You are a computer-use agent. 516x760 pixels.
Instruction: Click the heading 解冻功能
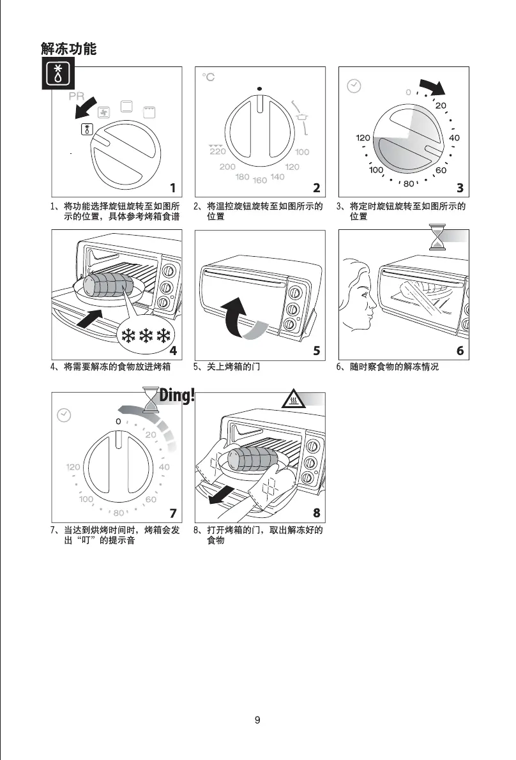tap(68, 49)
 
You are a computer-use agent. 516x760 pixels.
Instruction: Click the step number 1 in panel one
tap(172, 187)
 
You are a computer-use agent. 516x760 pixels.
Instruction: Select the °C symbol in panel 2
tap(208, 77)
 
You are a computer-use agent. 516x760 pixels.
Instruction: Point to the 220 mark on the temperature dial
tap(217, 151)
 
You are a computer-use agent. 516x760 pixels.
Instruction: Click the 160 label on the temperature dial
tap(259, 180)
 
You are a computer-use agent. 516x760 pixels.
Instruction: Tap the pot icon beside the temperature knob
tap(302, 116)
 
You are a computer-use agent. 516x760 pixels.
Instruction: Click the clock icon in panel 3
tap(353, 86)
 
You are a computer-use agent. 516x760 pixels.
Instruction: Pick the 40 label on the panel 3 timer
tap(454, 138)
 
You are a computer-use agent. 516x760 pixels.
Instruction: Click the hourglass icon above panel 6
tap(437, 238)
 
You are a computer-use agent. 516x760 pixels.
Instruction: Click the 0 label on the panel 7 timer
tap(118, 422)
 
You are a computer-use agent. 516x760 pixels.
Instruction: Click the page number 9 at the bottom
tap(257, 720)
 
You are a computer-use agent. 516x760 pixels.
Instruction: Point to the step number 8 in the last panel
tap(316, 513)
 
